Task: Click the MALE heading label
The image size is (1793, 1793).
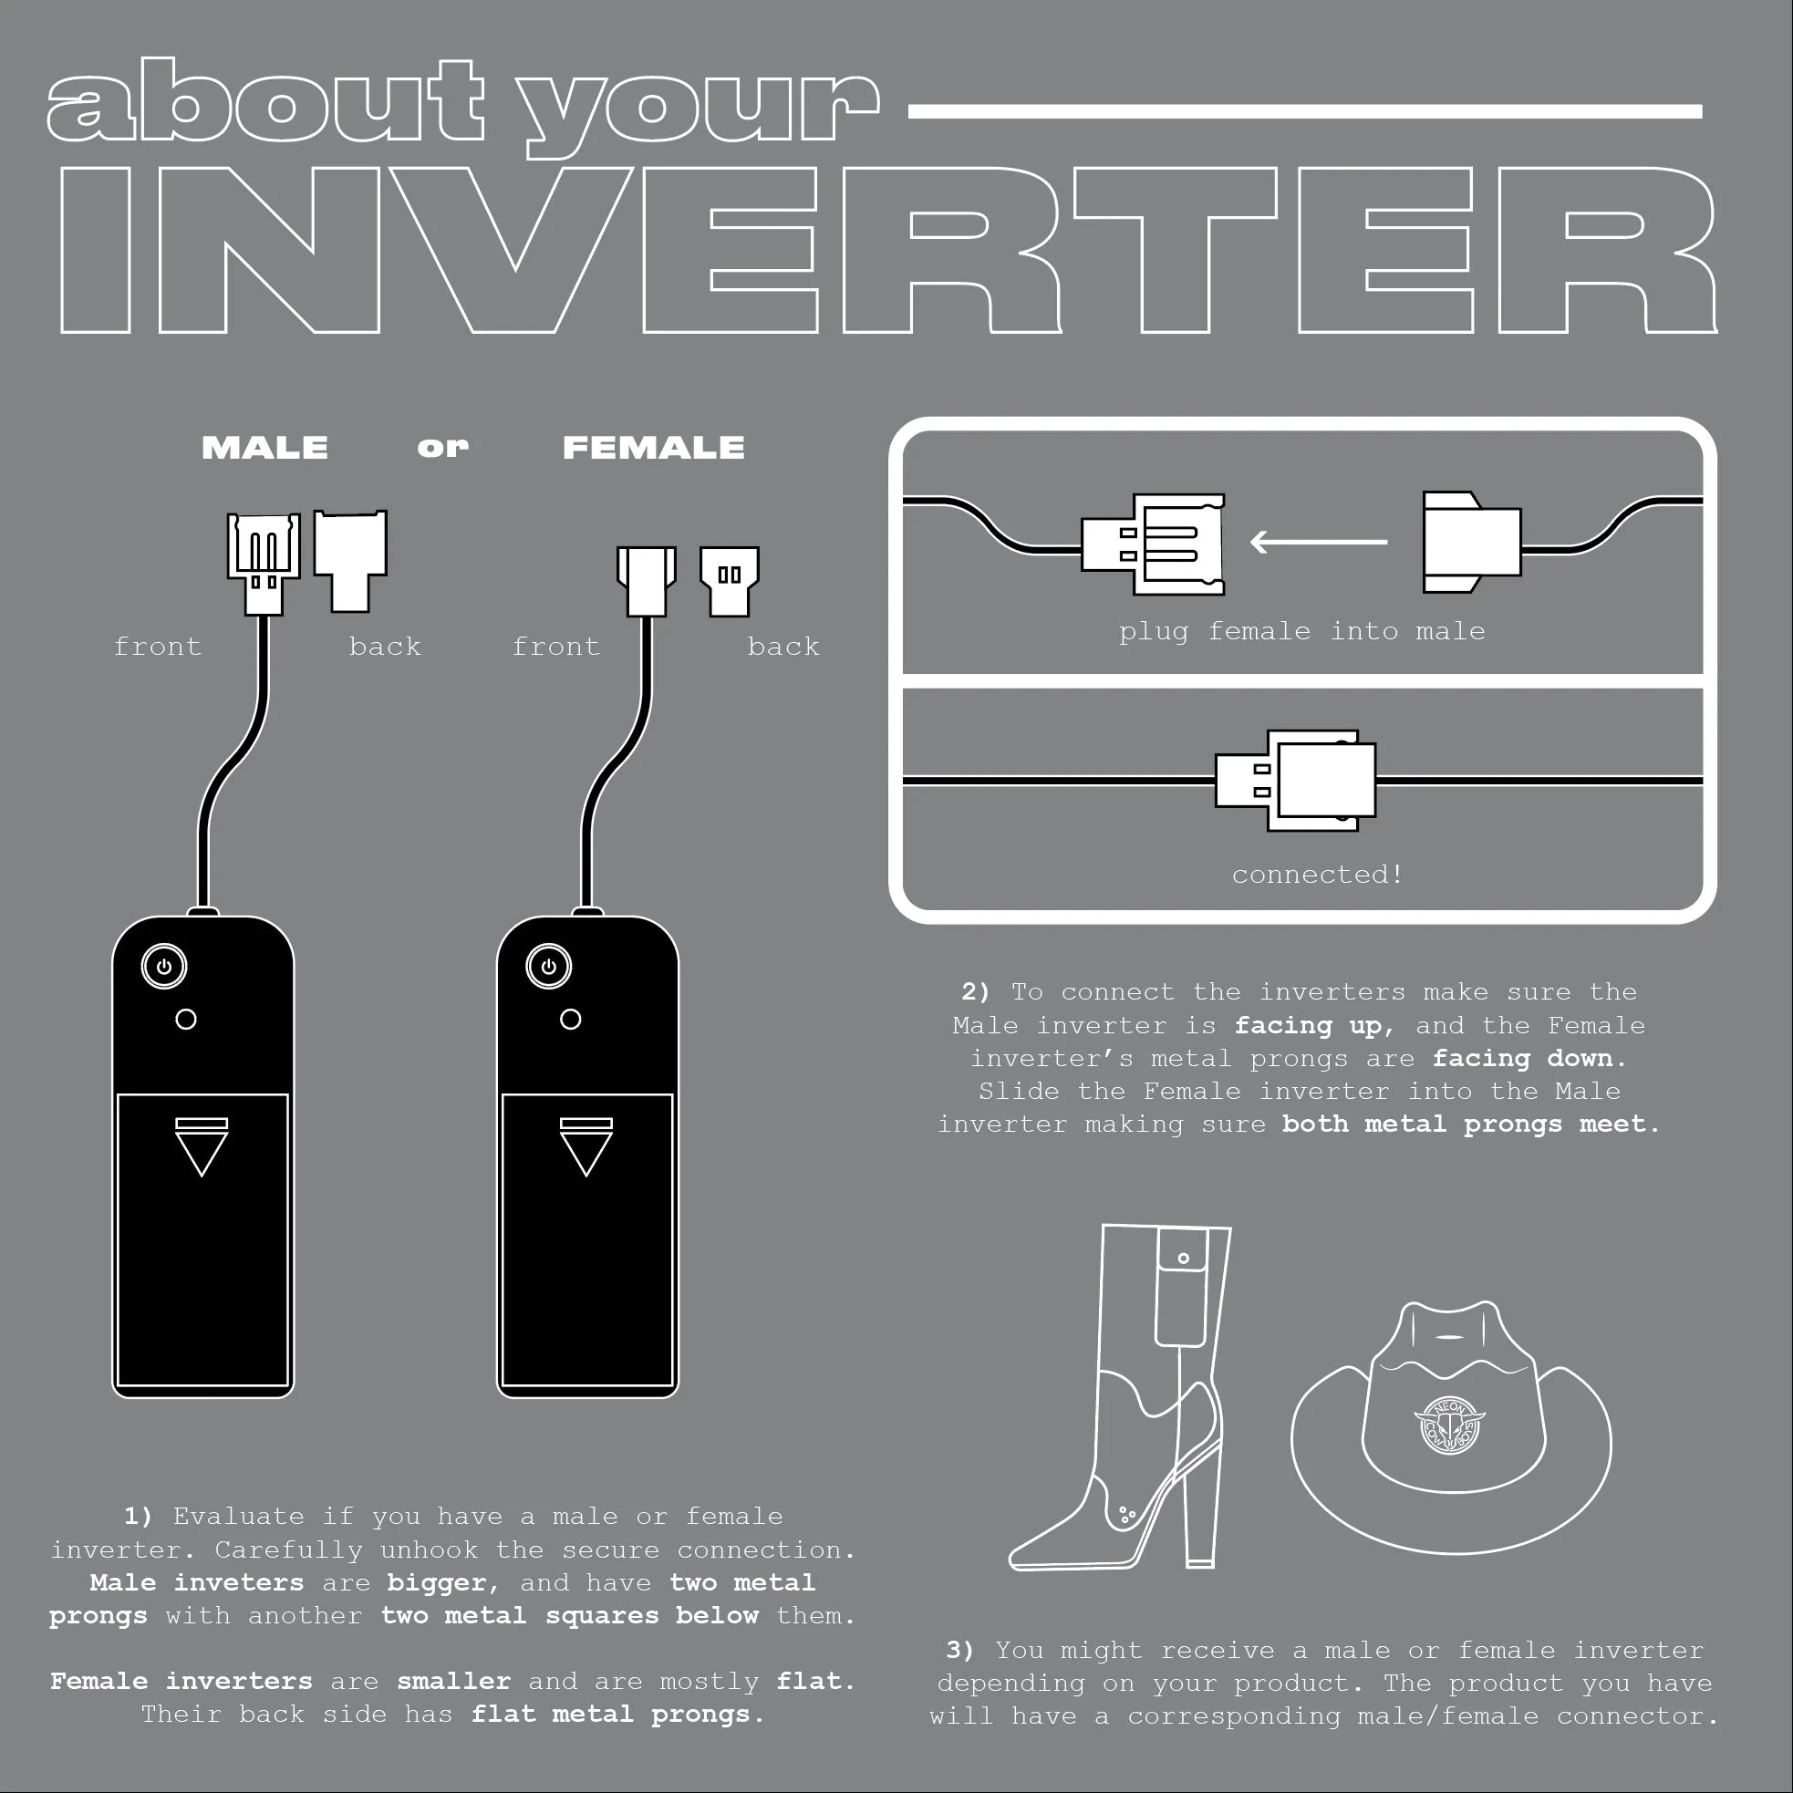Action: click(264, 447)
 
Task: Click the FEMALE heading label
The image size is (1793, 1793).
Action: click(653, 447)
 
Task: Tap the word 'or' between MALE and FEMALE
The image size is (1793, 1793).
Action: click(442, 447)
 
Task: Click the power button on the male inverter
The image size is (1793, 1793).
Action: click(164, 966)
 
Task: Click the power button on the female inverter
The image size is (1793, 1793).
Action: click(548, 966)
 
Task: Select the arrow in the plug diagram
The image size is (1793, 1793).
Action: click(1319, 541)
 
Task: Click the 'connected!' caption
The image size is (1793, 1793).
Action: click(1317, 875)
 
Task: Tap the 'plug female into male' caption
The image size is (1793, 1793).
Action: click(1302, 631)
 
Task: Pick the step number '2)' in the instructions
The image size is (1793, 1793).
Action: click(975, 992)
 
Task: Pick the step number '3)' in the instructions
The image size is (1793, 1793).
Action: click(960, 1650)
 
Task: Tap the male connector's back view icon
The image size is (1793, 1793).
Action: click(350, 561)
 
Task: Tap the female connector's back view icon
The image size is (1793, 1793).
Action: click(730, 581)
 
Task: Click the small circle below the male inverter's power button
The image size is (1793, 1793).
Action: click(186, 1019)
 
